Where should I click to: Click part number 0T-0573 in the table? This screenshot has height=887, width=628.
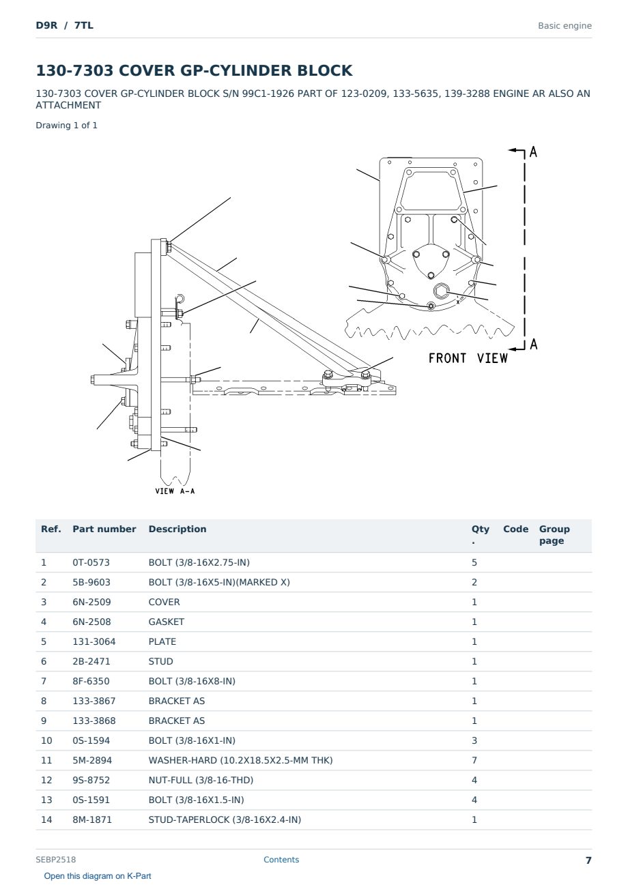coord(91,562)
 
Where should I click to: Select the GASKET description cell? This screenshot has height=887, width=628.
coord(167,622)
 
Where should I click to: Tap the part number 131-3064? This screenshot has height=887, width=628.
coord(94,641)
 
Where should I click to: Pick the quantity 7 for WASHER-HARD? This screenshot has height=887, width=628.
coord(474,760)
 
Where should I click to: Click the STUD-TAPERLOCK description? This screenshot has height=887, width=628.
coord(225,819)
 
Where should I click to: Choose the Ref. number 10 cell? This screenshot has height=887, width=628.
coord(46,740)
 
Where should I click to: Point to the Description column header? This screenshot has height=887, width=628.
coord(177,529)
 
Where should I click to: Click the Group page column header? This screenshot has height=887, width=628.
coord(554,535)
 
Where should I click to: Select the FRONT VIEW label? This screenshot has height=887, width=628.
coord(468,358)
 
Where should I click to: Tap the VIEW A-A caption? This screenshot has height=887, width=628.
coord(175,491)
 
